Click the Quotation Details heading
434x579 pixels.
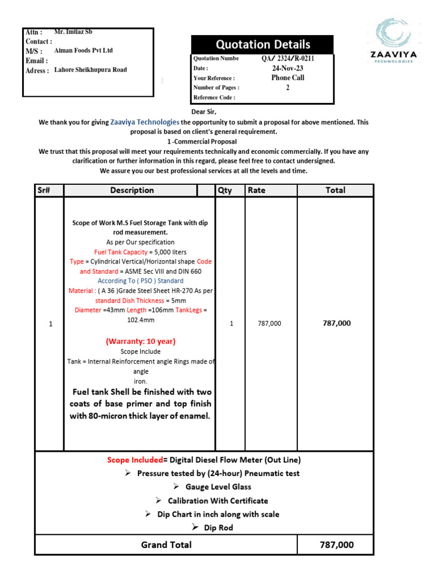point(262,45)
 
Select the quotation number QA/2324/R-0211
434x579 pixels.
point(288,58)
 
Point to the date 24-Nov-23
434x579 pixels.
point(288,68)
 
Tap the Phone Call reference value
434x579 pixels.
point(288,77)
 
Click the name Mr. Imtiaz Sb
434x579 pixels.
point(73,32)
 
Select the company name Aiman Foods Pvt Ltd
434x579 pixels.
point(83,50)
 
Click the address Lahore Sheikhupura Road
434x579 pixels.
point(90,70)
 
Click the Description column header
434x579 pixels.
point(132,191)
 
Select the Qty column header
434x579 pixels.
point(224,191)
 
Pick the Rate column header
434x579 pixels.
point(256,191)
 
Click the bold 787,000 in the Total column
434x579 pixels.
point(336,323)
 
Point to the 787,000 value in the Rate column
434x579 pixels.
point(269,323)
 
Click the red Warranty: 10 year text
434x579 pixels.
point(141,341)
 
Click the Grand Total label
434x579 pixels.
point(166,545)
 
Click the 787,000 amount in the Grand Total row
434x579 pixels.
point(337,545)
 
